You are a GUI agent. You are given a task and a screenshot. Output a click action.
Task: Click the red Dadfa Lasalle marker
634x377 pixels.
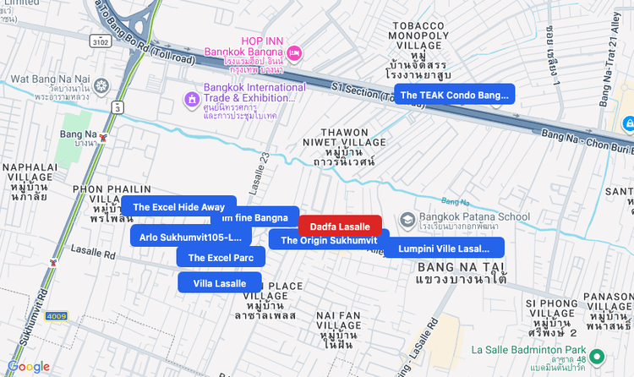click(x=340, y=227)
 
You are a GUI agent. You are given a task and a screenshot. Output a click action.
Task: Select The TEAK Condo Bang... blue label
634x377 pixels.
click(x=454, y=95)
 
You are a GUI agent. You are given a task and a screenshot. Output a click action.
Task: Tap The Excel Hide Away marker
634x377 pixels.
click(x=178, y=206)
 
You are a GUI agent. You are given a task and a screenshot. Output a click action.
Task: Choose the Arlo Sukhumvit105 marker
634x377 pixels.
click(x=190, y=237)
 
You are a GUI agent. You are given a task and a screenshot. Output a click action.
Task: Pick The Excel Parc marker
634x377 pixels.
click(x=221, y=257)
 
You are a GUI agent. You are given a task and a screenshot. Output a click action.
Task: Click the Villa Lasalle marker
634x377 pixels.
click(x=220, y=283)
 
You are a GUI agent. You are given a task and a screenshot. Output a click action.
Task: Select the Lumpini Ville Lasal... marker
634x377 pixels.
click(x=444, y=248)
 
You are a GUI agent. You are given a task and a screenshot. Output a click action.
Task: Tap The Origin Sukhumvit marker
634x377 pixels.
click(x=329, y=240)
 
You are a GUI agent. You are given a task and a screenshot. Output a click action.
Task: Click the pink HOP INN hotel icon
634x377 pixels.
click(x=294, y=53)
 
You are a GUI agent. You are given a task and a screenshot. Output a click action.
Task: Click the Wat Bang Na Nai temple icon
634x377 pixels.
click(x=101, y=86)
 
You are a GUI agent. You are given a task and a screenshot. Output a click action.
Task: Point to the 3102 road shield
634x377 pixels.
click(x=101, y=40)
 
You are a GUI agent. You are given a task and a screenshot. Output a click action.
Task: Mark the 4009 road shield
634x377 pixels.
click(x=56, y=315)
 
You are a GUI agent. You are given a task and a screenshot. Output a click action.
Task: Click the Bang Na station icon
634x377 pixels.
click(x=103, y=136)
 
